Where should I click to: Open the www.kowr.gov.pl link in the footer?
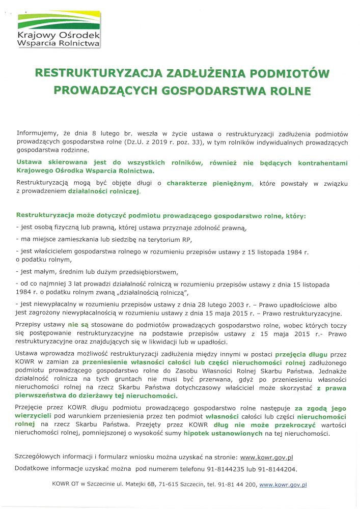pos(283,485)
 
